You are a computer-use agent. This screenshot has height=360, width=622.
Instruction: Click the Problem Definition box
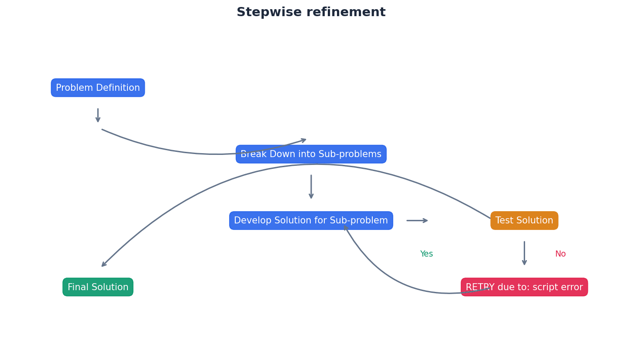[98, 88]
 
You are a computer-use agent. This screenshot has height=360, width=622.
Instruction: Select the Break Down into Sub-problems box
[311, 154]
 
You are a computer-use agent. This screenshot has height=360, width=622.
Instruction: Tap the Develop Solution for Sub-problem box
[311, 220]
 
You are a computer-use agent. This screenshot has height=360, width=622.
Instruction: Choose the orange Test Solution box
[524, 220]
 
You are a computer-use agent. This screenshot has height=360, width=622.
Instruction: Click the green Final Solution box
[98, 287]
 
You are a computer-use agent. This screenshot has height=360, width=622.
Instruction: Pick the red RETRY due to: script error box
[524, 287]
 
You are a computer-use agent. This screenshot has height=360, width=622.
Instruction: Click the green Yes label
[426, 254]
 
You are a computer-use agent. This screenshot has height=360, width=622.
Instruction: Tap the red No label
[560, 254]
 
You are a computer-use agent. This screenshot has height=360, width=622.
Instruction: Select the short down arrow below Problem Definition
[98, 116]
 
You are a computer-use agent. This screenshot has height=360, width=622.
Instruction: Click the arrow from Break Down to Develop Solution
[311, 187]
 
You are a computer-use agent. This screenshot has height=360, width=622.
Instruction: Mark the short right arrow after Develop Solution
[417, 220]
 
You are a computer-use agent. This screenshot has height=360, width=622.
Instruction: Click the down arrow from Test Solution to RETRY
[524, 253]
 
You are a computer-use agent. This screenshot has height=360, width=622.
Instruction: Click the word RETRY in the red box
[480, 287]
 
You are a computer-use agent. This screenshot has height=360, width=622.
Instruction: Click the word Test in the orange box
[505, 220]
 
